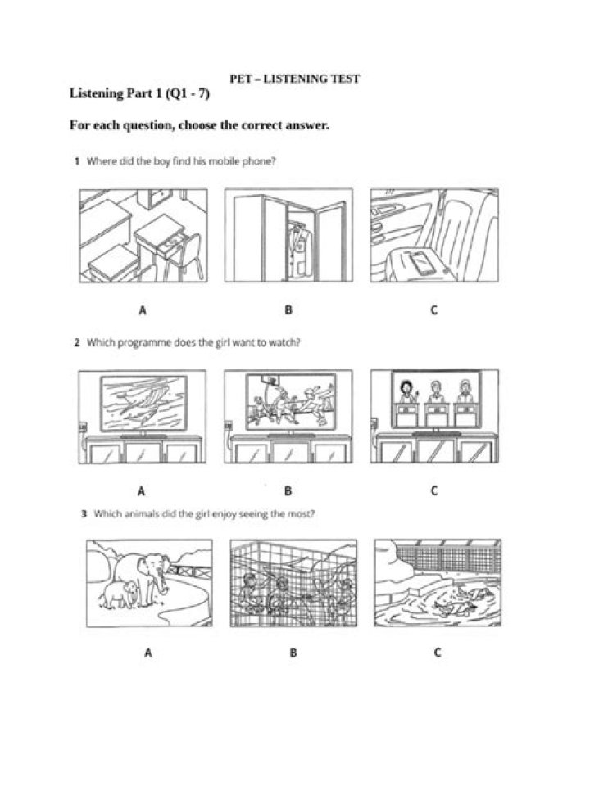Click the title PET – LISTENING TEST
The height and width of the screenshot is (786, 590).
point(294,79)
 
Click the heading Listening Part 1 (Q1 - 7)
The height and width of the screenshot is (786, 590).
point(139,93)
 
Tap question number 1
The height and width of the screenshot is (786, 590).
point(77,161)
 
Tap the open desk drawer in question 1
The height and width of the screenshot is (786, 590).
point(171,245)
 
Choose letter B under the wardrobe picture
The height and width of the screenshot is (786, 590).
point(288,309)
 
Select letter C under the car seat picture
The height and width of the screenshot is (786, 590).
point(434,309)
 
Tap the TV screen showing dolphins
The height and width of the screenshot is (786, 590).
point(143,403)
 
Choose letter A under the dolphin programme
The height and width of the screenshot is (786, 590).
point(142,490)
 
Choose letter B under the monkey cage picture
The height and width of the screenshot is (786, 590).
point(293,653)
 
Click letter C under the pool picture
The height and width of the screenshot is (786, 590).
point(438,653)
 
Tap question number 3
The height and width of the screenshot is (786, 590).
point(84,514)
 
